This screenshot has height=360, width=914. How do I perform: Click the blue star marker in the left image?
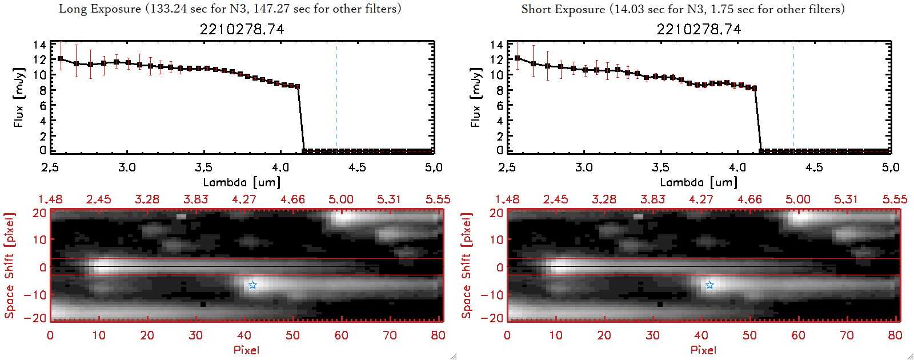252,285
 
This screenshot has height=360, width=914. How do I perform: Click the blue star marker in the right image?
709,285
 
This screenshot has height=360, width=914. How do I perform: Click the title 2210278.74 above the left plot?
242,29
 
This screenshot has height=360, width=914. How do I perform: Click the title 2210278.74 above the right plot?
699,29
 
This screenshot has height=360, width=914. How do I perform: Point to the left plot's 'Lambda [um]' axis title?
242,182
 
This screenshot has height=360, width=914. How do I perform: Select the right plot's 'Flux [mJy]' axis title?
475,97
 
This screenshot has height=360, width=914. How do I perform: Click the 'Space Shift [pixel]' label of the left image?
9,266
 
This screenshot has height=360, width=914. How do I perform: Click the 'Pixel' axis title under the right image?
703,350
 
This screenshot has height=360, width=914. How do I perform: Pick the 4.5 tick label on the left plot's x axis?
357,167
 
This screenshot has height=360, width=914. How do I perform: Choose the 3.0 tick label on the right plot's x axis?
584,167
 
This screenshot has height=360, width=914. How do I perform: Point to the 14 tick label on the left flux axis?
39,45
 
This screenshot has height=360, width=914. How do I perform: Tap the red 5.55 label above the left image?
438,199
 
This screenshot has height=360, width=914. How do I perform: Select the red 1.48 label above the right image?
507,199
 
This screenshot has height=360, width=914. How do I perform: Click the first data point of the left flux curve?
61,59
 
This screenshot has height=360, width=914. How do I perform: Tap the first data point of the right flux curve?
518,58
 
